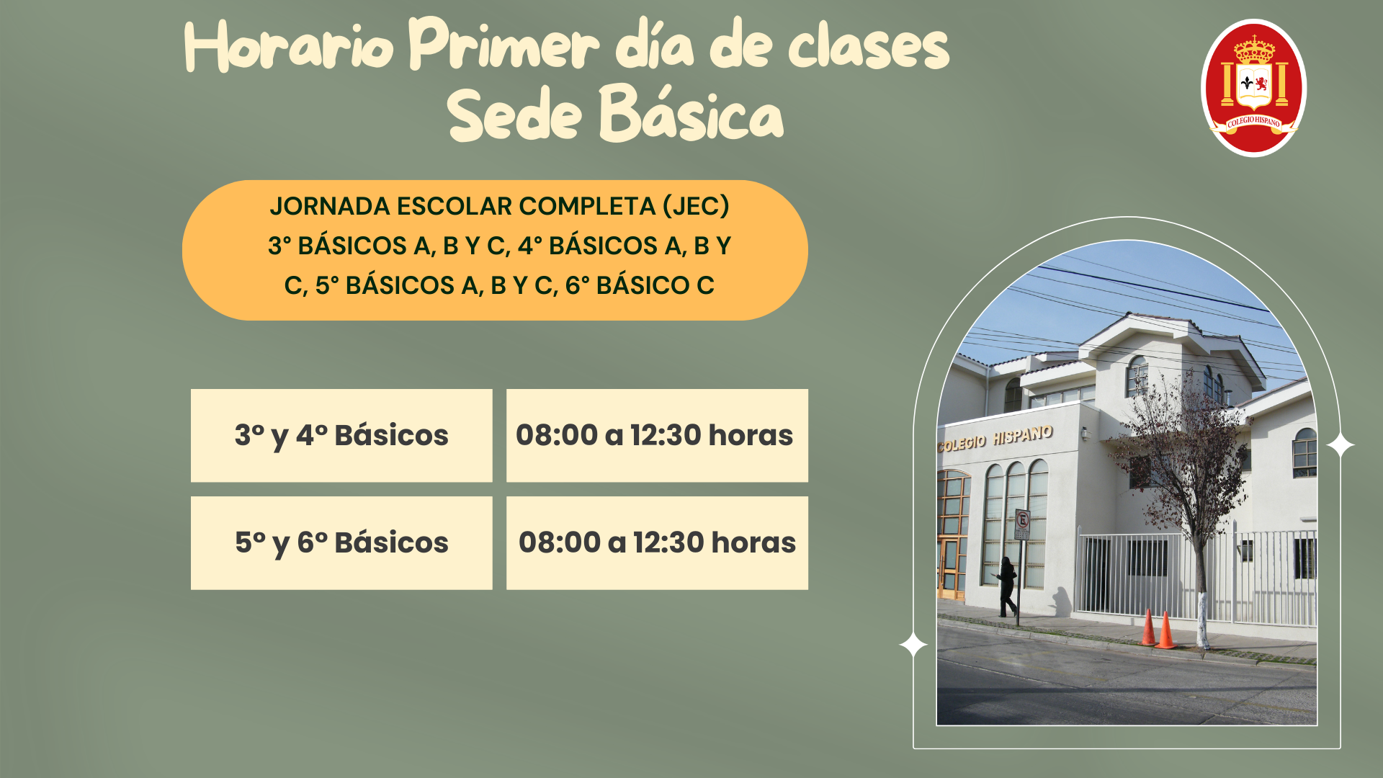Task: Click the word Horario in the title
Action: [289, 46]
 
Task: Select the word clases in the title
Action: [869, 45]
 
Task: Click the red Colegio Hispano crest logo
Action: [1253, 87]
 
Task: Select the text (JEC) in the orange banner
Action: [696, 207]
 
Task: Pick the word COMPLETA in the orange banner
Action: [587, 207]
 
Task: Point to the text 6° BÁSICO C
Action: [640, 285]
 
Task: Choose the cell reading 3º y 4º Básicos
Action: [341, 436]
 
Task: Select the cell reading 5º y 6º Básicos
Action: [341, 543]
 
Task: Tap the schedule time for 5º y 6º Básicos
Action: [657, 543]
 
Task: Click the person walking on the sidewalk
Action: [1007, 586]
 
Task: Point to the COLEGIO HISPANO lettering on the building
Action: [995, 438]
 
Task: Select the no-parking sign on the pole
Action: [1022, 524]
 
